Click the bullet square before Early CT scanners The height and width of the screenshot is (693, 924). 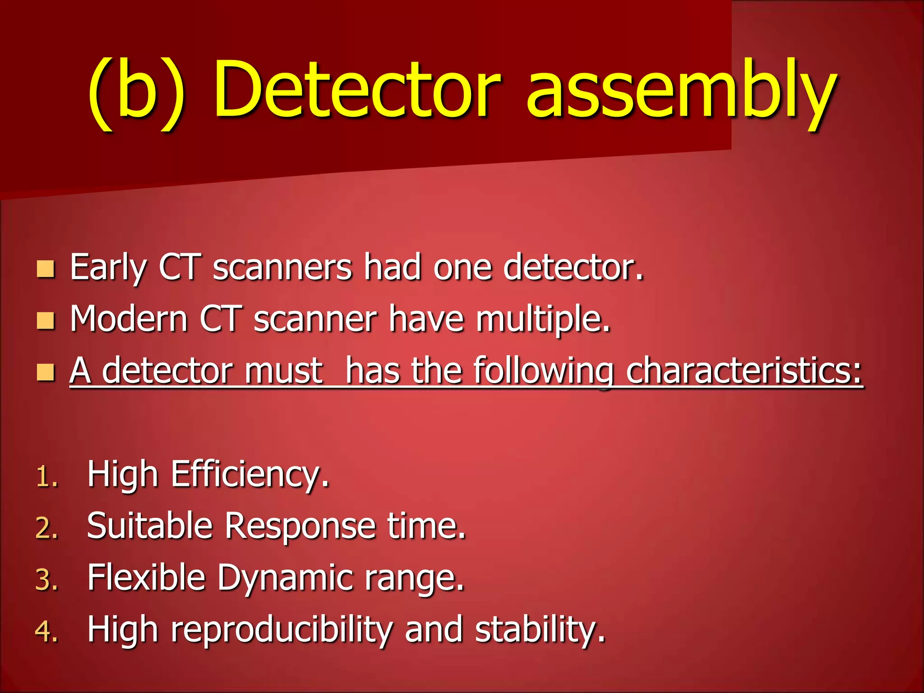point(46,269)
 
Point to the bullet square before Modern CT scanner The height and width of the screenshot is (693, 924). point(46,321)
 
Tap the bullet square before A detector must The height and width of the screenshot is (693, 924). point(46,373)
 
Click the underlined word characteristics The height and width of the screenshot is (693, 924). point(744,371)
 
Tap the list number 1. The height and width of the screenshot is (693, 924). point(47,477)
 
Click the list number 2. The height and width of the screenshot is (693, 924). point(47,528)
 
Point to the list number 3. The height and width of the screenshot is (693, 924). point(47,580)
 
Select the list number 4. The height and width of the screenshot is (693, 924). point(47,631)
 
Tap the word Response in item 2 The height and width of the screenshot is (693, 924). point(300,526)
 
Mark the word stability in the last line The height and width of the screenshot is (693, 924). point(540,629)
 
